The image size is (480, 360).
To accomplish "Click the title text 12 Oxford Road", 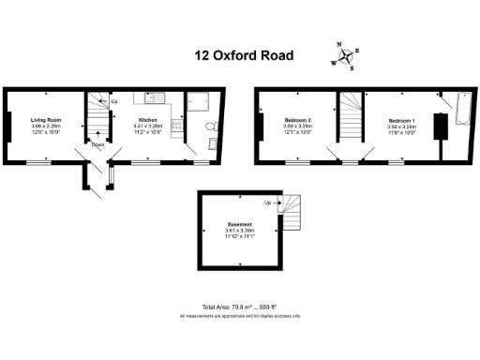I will tap(244, 55).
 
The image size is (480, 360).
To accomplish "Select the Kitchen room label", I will tap(148, 120).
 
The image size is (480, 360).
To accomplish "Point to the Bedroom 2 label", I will tap(298, 120).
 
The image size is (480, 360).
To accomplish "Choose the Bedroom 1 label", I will tap(402, 120).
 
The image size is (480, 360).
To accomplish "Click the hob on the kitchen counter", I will tap(174, 132).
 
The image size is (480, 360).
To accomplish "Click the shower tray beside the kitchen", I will tap(200, 101).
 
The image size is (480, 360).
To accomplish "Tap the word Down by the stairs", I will tap(97, 144).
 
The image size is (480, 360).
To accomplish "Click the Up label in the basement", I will tap(268, 202).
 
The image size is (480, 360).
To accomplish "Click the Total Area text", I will tap(240, 307).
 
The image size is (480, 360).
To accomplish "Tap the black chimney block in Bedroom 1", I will tap(436, 127).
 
